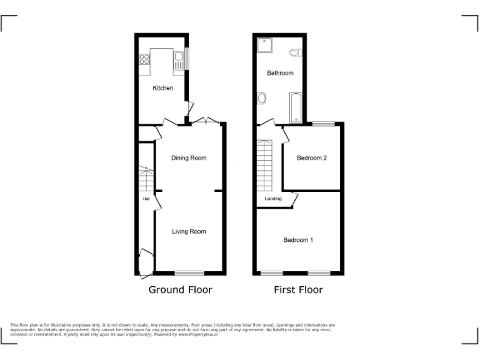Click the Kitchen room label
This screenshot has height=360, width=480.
163,88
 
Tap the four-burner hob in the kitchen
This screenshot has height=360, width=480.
144,60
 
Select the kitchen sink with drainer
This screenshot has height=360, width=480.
179,61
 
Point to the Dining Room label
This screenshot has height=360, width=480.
189,158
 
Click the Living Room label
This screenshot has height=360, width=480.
189,231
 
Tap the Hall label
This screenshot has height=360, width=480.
146,199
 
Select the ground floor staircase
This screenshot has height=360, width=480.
146,179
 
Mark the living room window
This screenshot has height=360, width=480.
189,272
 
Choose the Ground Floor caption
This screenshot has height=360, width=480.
180,290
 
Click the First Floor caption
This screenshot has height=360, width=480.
298,290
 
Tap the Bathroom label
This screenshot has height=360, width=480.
280,73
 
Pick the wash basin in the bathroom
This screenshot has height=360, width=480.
261,98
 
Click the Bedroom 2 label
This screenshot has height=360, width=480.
312,158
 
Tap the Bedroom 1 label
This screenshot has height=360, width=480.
298,240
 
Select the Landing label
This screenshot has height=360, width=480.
273,199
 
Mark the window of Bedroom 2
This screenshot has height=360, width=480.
324,124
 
